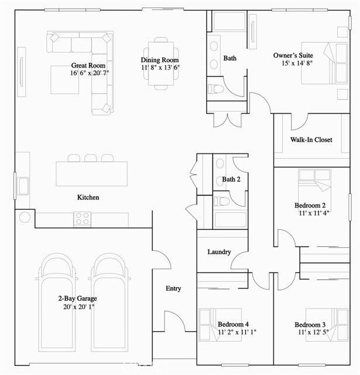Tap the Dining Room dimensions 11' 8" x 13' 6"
(x=160, y=67)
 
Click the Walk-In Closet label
(x=311, y=139)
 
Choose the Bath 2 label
(x=231, y=179)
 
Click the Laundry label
(x=219, y=252)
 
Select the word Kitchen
(x=88, y=197)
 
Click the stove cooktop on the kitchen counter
(x=82, y=219)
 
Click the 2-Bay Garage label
(x=77, y=299)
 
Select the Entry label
(x=173, y=288)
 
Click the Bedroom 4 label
(x=233, y=324)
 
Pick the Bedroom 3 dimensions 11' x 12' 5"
(x=312, y=333)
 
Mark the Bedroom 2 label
(x=310, y=206)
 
